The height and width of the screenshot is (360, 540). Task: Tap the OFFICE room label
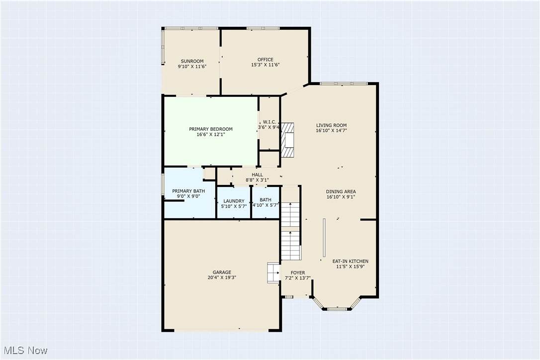pyautogui.click(x=265, y=60)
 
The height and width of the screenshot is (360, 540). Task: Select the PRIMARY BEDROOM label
pyautogui.click(x=211, y=129)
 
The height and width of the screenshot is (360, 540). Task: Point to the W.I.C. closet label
pyautogui.click(x=270, y=122)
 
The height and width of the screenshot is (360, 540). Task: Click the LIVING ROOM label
pyautogui.click(x=331, y=125)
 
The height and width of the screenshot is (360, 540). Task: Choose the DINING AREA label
pyautogui.click(x=341, y=191)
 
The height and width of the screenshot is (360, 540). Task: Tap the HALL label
pyautogui.click(x=257, y=175)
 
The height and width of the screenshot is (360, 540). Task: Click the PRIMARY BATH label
pyautogui.click(x=188, y=191)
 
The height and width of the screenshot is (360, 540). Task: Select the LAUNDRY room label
pyautogui.click(x=234, y=201)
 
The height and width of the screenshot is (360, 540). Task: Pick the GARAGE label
pyautogui.click(x=222, y=272)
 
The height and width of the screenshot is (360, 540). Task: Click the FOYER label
pyautogui.click(x=298, y=273)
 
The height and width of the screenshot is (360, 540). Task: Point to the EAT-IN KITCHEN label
pyautogui.click(x=350, y=262)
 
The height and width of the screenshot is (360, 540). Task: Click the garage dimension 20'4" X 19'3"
pyautogui.click(x=222, y=277)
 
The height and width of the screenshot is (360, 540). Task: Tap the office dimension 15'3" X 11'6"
pyautogui.click(x=265, y=65)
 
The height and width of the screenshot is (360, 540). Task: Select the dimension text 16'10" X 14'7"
pyautogui.click(x=331, y=131)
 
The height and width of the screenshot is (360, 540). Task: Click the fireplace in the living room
pyautogui.click(x=288, y=140)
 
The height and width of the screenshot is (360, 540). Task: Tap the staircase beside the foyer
pyautogui.click(x=291, y=231)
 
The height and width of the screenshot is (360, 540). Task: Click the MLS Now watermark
pyautogui.click(x=25, y=351)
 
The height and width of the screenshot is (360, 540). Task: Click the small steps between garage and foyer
pyautogui.click(x=273, y=273)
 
